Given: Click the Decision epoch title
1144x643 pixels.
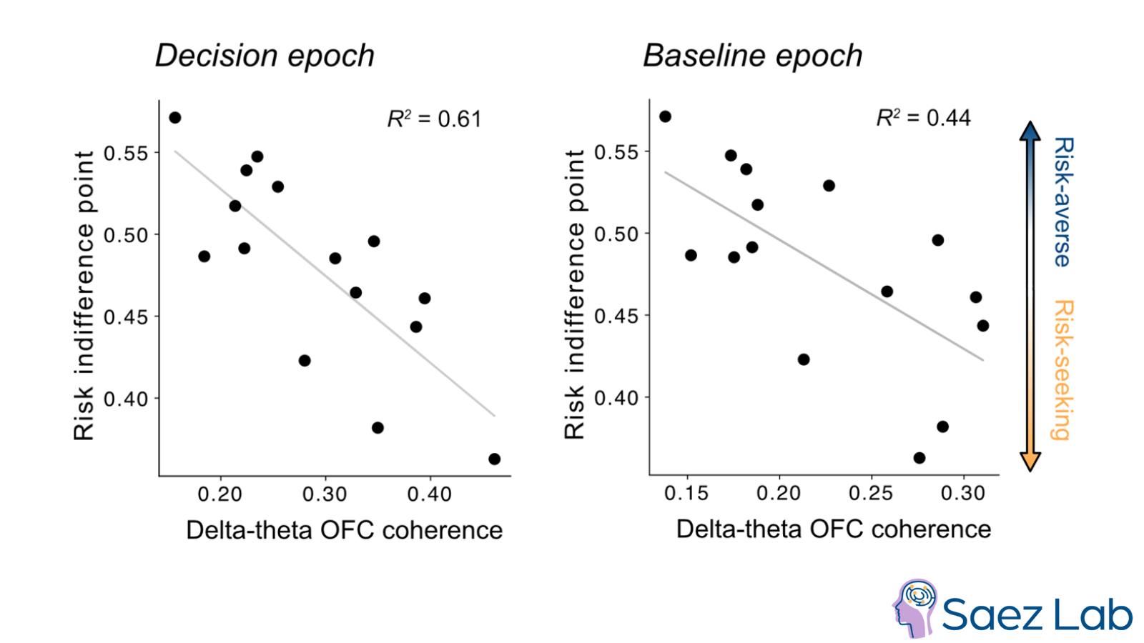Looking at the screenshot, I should (x=265, y=56).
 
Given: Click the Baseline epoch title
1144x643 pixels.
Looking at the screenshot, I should (x=753, y=56).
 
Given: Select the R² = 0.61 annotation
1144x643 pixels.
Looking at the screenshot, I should (x=434, y=119).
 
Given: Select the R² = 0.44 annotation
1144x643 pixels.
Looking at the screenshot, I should (x=923, y=117).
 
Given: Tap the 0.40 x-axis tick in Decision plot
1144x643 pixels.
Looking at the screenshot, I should (x=429, y=494).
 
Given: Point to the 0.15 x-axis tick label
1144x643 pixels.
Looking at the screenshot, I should (x=686, y=493).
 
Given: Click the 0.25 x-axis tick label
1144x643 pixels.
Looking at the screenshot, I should (x=871, y=493).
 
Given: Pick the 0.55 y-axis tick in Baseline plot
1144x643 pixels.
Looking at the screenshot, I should (x=616, y=152).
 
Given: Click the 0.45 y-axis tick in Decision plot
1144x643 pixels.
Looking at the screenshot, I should (x=126, y=316).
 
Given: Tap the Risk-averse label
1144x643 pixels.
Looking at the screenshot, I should (x=1063, y=202).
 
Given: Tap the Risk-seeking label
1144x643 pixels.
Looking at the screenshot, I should (x=1063, y=370).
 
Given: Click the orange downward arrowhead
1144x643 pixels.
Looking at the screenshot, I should (x=1030, y=462).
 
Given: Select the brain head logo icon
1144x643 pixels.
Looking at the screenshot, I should (x=914, y=608).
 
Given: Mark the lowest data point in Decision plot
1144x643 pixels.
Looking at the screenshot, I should (x=494, y=459).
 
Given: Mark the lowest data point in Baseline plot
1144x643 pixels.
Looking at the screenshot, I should (x=919, y=458).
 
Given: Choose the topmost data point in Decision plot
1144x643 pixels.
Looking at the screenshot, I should (x=175, y=118).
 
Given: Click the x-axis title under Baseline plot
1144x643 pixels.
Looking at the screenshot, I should (x=834, y=529).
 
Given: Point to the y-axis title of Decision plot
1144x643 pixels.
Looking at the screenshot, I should (x=84, y=295).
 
